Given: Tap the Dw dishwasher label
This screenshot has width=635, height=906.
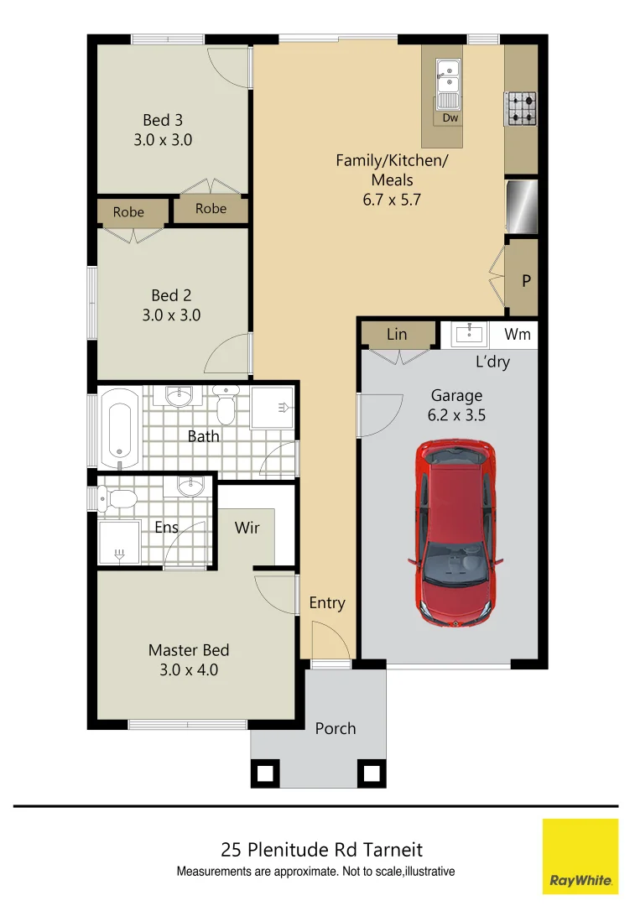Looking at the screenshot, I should pyautogui.click(x=450, y=118).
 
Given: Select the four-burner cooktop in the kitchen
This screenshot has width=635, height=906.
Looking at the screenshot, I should pyautogui.click(x=520, y=108).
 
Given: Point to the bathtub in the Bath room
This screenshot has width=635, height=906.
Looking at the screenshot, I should pyautogui.click(x=119, y=426).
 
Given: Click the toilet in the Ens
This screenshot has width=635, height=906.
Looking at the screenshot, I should pyautogui.click(x=118, y=500).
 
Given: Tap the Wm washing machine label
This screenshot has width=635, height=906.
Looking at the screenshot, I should pyautogui.click(x=518, y=335).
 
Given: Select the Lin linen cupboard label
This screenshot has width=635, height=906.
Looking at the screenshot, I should pyautogui.click(x=397, y=335).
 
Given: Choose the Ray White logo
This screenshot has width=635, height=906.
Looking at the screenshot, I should pyautogui.click(x=580, y=856).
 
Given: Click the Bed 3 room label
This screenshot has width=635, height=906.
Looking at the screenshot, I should pyautogui.click(x=163, y=121).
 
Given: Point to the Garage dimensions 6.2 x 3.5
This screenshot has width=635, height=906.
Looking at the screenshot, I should pyautogui.click(x=457, y=414).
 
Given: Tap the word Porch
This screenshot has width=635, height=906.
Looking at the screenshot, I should pyautogui.click(x=336, y=728).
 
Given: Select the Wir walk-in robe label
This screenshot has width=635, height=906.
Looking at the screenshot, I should pyautogui.click(x=247, y=528).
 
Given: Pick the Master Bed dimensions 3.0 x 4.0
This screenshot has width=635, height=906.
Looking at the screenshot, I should pyautogui.click(x=189, y=669).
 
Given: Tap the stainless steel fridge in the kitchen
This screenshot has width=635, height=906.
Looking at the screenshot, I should pyautogui.click(x=521, y=206).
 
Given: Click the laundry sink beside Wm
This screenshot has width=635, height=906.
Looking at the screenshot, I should pyautogui.click(x=468, y=335).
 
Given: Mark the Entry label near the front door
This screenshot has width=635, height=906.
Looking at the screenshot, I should pyautogui.click(x=326, y=602).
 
